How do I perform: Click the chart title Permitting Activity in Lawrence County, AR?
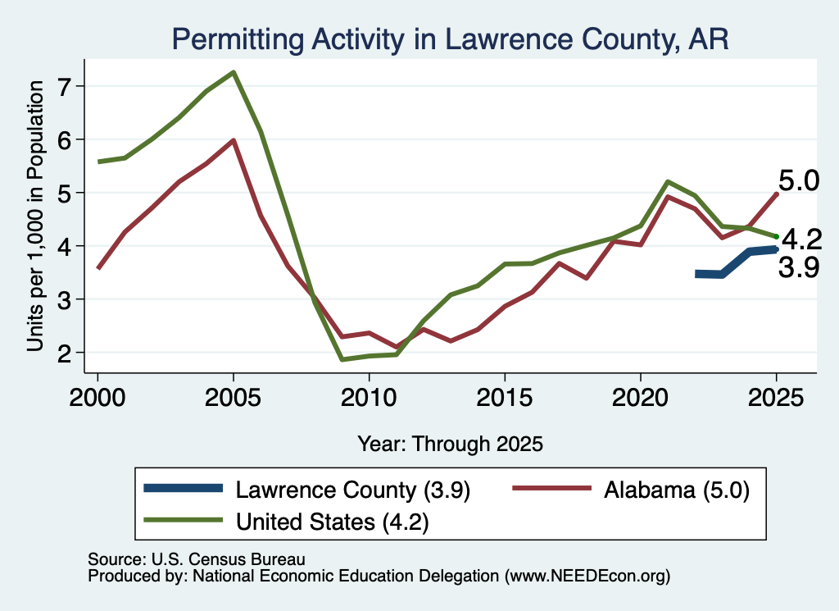[x=450, y=39]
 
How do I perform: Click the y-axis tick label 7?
[x=65, y=87]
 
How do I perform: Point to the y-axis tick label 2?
[x=65, y=353]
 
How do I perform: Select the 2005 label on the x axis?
[x=233, y=398]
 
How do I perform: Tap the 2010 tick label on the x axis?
[x=369, y=398]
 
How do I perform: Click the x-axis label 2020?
[x=641, y=398]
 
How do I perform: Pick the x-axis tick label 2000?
[x=98, y=398]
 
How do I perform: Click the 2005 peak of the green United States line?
[x=234, y=72]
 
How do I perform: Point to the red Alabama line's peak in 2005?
[x=234, y=140]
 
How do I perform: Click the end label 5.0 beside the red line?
[x=798, y=181]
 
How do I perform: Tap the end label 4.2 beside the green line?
[x=801, y=239]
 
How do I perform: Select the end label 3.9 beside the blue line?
[x=798, y=267]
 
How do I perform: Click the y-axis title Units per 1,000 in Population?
[x=34, y=216]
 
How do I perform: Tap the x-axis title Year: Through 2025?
[x=450, y=444]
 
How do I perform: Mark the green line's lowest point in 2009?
[x=342, y=359]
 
